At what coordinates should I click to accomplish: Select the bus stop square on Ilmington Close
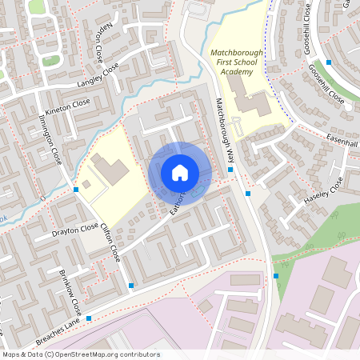75,190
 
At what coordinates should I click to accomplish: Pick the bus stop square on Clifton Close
130,285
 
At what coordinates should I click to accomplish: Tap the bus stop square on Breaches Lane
88,318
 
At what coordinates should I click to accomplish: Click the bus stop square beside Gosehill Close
329,62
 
